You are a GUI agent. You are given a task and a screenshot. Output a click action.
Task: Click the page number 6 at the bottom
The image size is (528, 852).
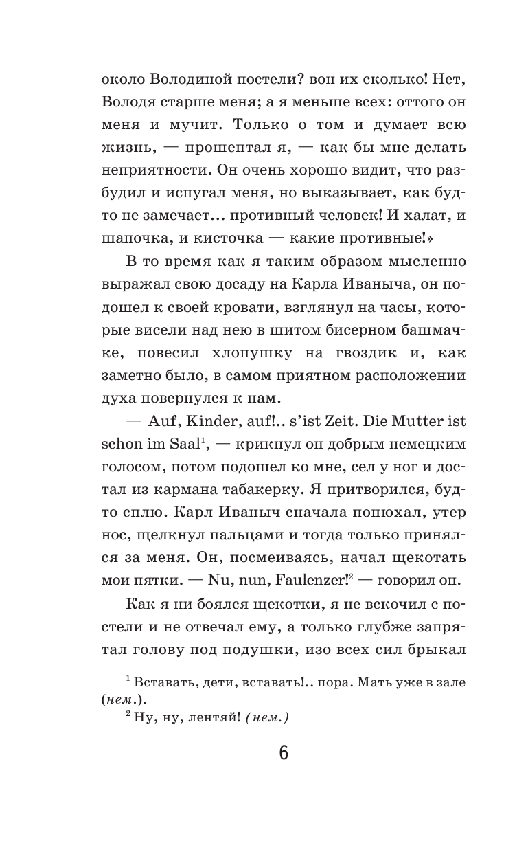point(284,752)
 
